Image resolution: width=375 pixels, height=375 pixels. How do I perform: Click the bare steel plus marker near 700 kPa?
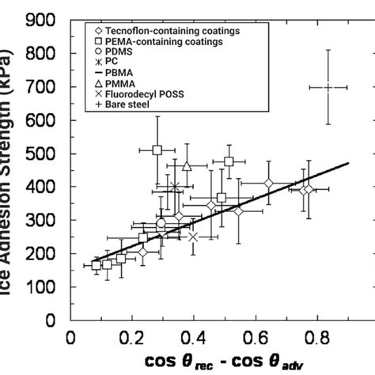point(328,87)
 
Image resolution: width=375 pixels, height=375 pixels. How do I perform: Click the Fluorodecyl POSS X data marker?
point(193,237)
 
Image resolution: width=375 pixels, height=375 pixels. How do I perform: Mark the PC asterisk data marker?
point(175,187)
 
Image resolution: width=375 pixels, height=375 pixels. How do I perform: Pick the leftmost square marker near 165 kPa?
point(97,265)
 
